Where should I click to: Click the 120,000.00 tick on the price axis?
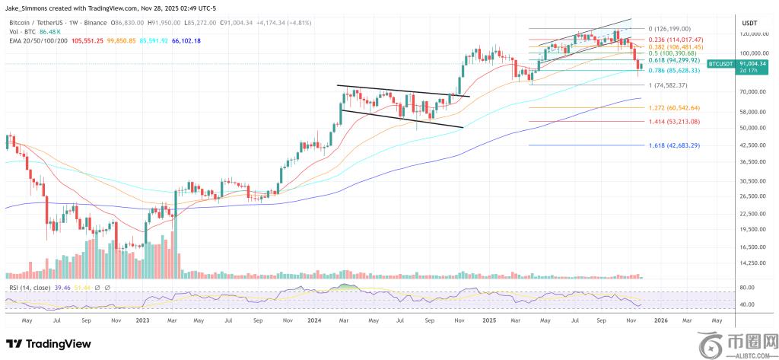[x=752, y=35]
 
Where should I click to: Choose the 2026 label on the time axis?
[x=660, y=321]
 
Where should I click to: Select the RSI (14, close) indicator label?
[x=30, y=288]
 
